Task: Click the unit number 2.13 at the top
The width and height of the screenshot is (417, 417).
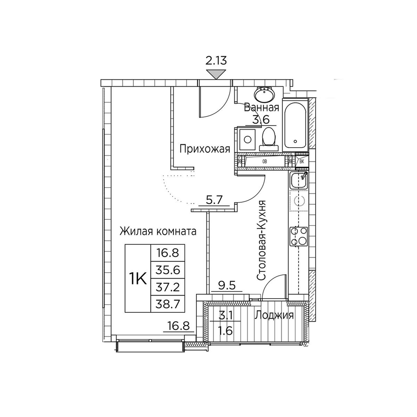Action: (x=216, y=60)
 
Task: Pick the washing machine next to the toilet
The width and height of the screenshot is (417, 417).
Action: (x=248, y=139)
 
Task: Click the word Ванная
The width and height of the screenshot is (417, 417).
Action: (x=261, y=108)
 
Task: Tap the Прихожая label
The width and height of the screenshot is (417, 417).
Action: (x=204, y=149)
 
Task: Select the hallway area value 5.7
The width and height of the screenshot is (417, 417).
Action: (x=214, y=199)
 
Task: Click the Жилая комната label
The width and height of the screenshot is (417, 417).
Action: (x=158, y=231)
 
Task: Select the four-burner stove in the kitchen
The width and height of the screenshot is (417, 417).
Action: (x=299, y=236)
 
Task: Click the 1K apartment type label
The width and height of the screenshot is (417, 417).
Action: (x=138, y=279)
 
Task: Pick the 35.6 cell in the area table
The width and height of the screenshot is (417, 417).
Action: (x=168, y=270)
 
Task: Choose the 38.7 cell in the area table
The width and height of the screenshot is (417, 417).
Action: (x=168, y=304)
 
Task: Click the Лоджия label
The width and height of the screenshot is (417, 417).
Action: (x=274, y=315)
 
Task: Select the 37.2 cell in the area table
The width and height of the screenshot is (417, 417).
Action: (x=168, y=287)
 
